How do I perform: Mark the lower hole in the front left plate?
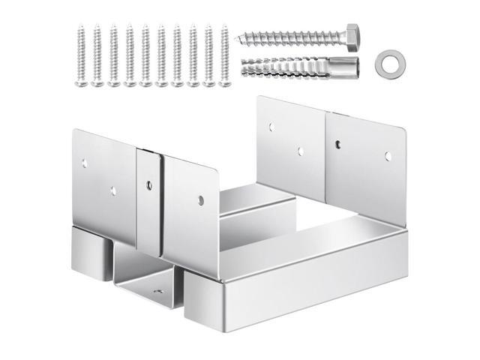(x=112, y=191)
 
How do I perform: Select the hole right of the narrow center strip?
(x=201, y=199)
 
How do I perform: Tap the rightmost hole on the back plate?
(x=388, y=156)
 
